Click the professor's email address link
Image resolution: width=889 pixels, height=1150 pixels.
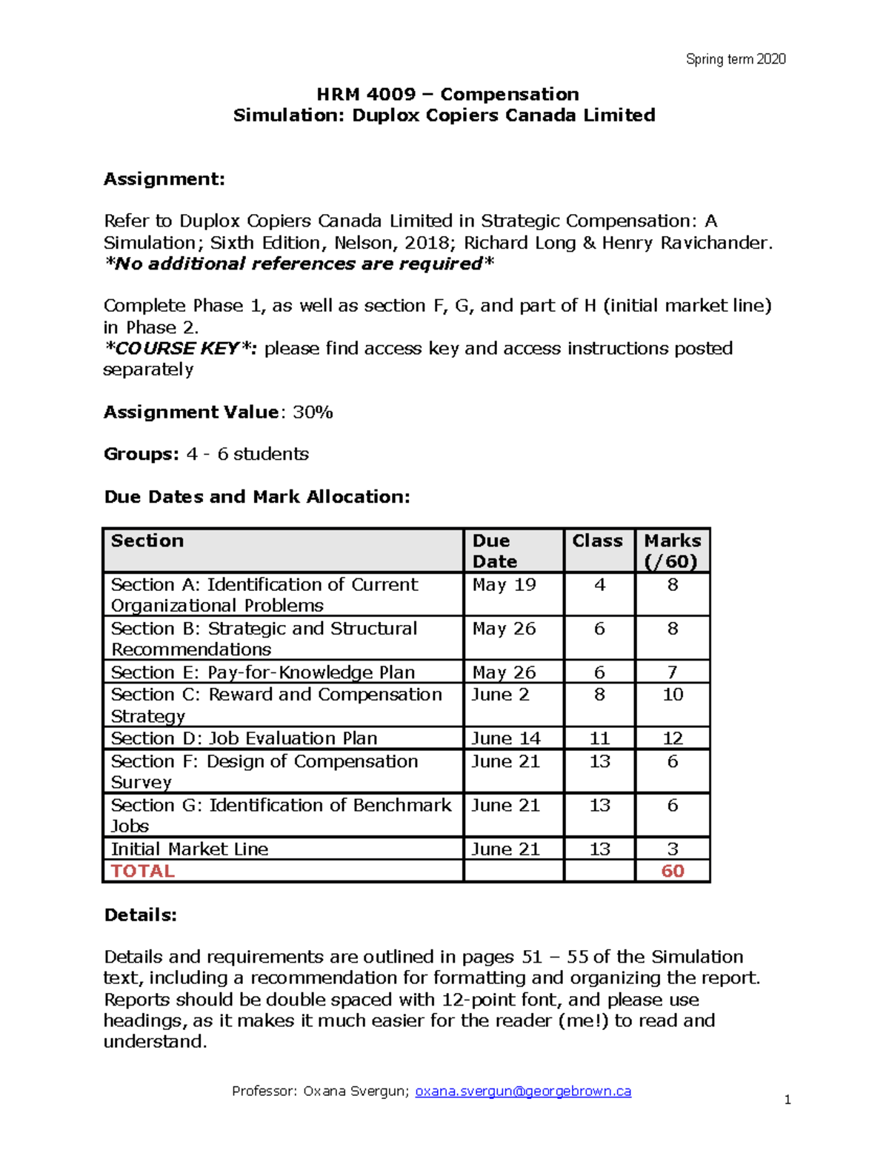[523, 1091]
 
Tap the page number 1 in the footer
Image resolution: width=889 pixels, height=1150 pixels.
[787, 1100]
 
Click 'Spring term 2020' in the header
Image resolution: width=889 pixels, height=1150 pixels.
[735, 59]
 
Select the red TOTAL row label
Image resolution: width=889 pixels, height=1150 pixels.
[143, 871]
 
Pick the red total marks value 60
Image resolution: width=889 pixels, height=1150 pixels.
[672, 871]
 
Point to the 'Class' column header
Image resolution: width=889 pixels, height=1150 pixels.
[597, 541]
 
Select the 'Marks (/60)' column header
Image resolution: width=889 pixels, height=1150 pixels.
[672, 551]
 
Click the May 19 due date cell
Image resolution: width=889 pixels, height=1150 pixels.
[504, 585]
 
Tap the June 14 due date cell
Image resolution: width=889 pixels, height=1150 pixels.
[506, 738]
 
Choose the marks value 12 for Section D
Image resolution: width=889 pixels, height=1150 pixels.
[672, 738]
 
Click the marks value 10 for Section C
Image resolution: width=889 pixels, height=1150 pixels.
[672, 695]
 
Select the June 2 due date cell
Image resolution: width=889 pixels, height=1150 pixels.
[500, 695]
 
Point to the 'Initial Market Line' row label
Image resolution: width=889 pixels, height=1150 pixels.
[190, 849]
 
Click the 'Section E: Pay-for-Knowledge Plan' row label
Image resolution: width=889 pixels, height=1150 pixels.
[262, 672]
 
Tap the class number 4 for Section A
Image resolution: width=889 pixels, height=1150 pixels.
[599, 585]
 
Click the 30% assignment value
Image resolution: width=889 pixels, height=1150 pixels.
[313, 412]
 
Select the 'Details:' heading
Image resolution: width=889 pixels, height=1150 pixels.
[141, 915]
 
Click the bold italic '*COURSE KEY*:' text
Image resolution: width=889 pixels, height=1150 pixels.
[181, 349]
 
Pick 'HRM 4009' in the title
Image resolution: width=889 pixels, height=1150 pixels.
[366, 94]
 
